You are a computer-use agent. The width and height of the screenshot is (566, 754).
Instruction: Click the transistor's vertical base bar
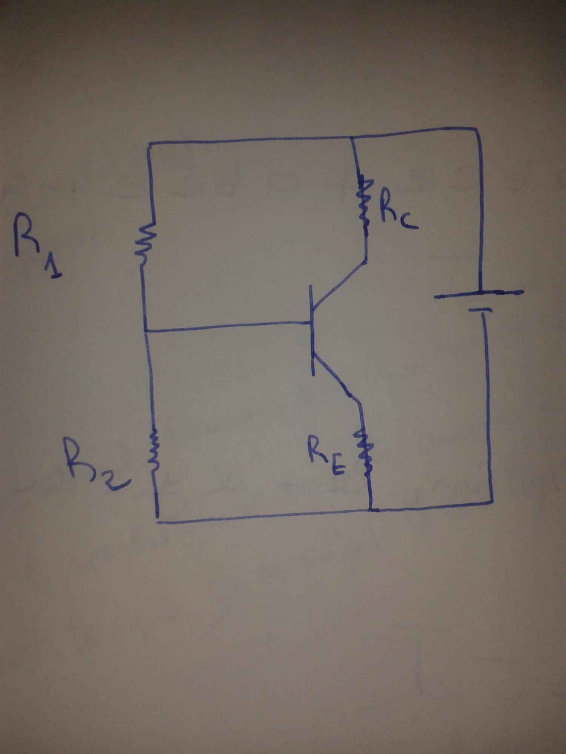click(x=312, y=330)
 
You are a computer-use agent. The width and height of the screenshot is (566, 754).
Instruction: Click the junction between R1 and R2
click(x=146, y=331)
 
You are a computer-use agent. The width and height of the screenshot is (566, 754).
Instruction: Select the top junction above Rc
click(x=352, y=138)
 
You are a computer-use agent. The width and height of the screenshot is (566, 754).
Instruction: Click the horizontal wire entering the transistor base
click(x=226, y=326)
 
